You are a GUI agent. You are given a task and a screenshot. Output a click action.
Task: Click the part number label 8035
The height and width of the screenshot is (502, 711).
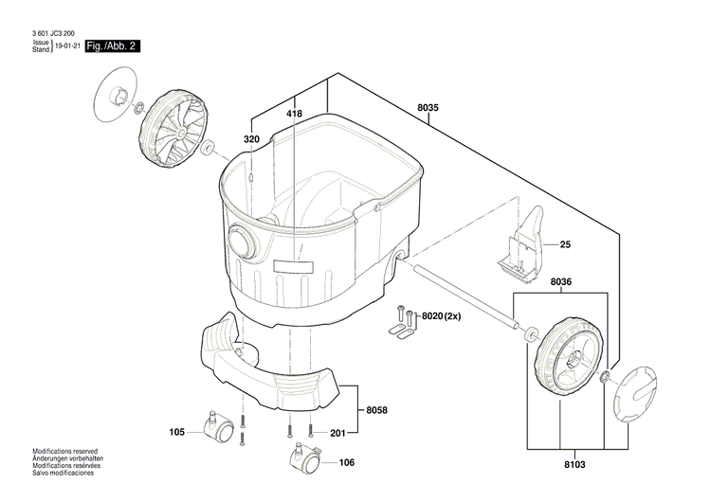coord(428,108)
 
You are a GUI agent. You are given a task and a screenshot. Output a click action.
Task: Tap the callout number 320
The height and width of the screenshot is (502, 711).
coord(251,139)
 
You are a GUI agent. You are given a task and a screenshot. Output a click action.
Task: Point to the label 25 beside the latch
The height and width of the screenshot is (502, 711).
coord(565,245)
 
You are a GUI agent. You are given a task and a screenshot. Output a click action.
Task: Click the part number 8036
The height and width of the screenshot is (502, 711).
coord(561,281)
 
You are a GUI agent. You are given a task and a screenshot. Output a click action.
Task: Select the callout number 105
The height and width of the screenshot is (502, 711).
coord(176,433)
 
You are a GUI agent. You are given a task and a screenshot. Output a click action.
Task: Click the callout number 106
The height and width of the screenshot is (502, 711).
coord(346,463)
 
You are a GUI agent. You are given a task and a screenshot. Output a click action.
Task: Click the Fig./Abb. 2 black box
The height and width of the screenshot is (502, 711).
coord(113,46)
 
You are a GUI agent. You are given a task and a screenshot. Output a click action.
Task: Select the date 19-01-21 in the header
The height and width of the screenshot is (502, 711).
coord(67,46)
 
